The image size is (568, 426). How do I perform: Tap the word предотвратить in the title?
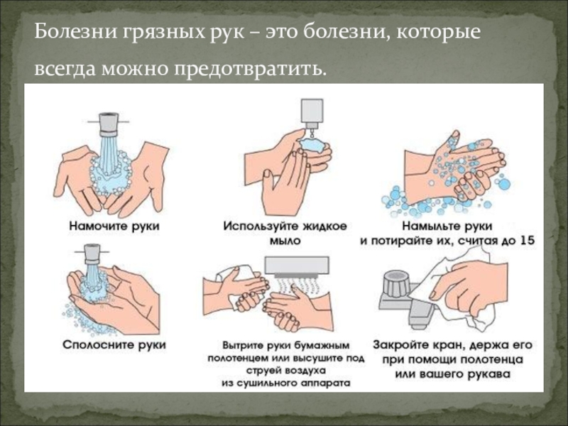point(251,68)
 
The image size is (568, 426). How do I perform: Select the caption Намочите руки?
point(114,226)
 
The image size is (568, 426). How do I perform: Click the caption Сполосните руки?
point(114,345)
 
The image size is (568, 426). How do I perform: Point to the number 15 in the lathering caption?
point(527,241)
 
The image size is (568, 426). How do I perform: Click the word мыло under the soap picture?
point(285,241)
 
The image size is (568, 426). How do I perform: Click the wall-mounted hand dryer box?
point(297,266)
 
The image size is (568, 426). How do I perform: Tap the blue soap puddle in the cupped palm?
point(312,145)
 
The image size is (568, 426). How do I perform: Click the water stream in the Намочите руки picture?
point(108,152)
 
